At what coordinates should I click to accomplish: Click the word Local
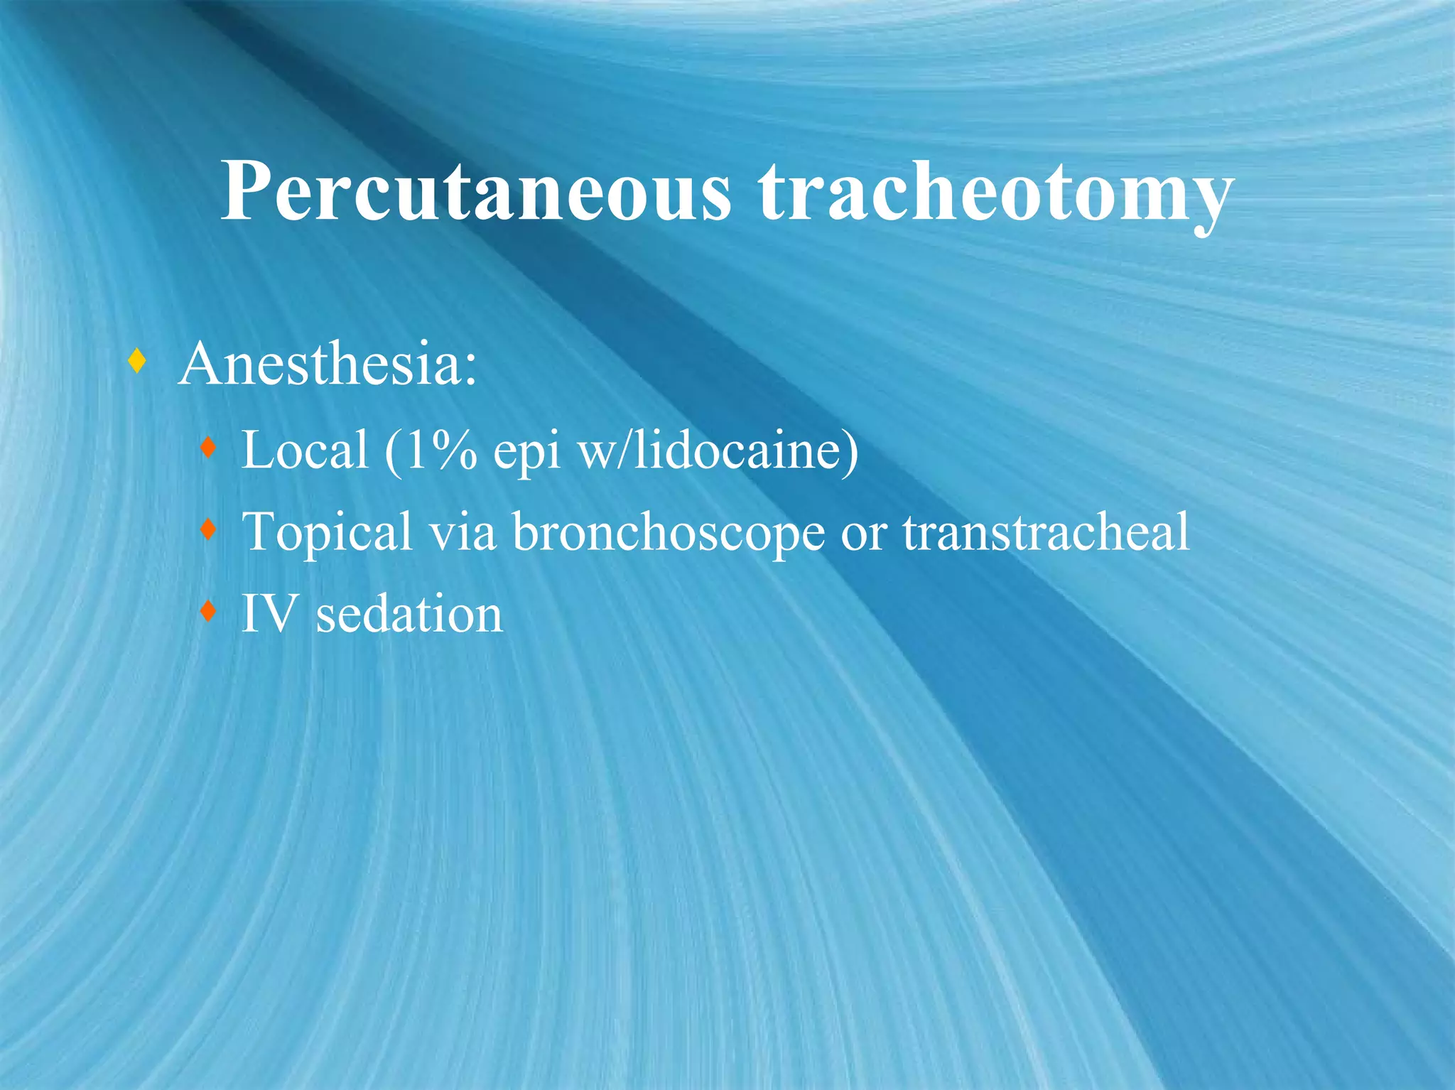(x=305, y=450)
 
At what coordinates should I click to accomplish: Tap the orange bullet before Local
(x=207, y=448)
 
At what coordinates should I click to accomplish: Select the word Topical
(x=327, y=533)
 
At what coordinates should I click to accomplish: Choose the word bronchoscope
(x=668, y=533)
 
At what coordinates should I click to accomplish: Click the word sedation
(x=409, y=614)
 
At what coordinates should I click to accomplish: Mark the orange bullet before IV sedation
(x=207, y=610)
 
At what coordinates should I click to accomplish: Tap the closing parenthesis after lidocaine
(x=850, y=451)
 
